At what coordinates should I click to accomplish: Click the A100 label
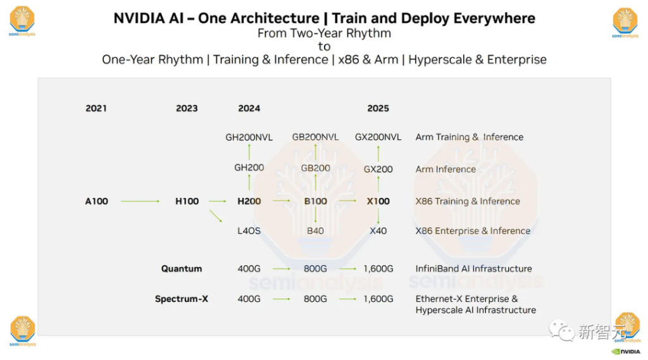point(97,201)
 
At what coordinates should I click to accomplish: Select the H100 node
point(187,201)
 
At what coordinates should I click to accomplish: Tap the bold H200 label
point(249,201)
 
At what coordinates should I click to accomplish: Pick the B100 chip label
point(315,201)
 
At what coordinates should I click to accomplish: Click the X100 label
point(378,201)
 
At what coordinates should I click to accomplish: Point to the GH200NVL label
point(249,137)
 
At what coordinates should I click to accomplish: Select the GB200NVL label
point(315,137)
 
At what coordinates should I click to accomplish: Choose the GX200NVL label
point(378,137)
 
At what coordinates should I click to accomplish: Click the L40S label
point(249,231)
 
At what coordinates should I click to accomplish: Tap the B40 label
point(315,231)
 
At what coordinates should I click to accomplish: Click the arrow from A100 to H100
point(140,201)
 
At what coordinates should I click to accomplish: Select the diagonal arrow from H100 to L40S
point(216,216)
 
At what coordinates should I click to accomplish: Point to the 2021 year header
point(96,108)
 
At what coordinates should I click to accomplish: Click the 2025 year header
point(378,108)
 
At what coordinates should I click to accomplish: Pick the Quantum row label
point(182,268)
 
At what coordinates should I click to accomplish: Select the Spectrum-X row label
point(182,299)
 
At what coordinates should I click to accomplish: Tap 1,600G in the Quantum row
point(378,268)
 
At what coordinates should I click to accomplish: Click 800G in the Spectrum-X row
point(315,299)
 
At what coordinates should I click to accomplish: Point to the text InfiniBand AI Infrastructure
point(473,268)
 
